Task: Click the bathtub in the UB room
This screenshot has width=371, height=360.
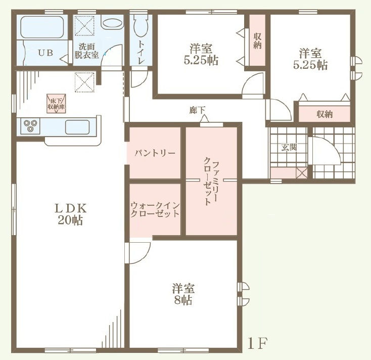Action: tap(42, 27)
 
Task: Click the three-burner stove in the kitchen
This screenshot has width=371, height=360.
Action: tap(30, 126)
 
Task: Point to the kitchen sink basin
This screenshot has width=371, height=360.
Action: tap(77, 127)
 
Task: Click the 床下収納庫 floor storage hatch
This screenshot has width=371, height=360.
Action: tap(56, 104)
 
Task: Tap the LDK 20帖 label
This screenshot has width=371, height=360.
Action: tap(70, 214)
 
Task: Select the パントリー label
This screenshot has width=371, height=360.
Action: tap(155, 153)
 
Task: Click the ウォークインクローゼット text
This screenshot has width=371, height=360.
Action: tap(155, 209)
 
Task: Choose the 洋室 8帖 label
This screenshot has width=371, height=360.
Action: tap(183, 294)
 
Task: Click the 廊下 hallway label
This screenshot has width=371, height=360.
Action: tap(197, 110)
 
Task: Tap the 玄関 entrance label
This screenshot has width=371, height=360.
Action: tap(289, 148)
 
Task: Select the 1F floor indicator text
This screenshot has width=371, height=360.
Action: tap(258, 344)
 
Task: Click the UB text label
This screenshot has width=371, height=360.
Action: tap(45, 53)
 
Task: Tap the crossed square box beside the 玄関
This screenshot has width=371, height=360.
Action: tap(302, 173)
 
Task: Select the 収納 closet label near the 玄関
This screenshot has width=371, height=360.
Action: tap(324, 115)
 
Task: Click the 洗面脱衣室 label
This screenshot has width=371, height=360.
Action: tap(86, 51)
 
